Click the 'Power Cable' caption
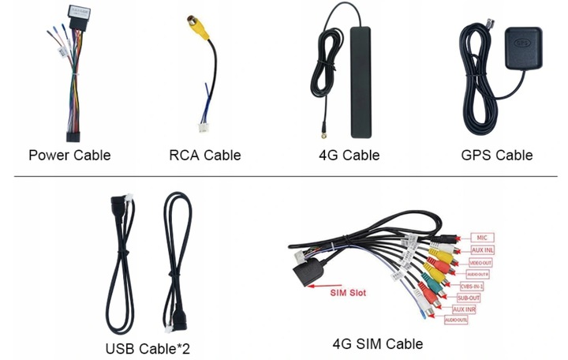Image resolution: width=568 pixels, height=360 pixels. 69,155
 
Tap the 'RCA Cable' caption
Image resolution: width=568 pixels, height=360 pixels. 205,155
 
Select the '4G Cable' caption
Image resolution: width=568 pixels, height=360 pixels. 349,155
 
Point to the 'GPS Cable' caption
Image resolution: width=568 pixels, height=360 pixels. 497,155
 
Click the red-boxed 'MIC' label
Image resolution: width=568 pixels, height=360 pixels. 481,237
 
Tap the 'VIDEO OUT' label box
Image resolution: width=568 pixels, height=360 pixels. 480,262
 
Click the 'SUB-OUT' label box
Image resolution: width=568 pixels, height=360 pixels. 467,298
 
